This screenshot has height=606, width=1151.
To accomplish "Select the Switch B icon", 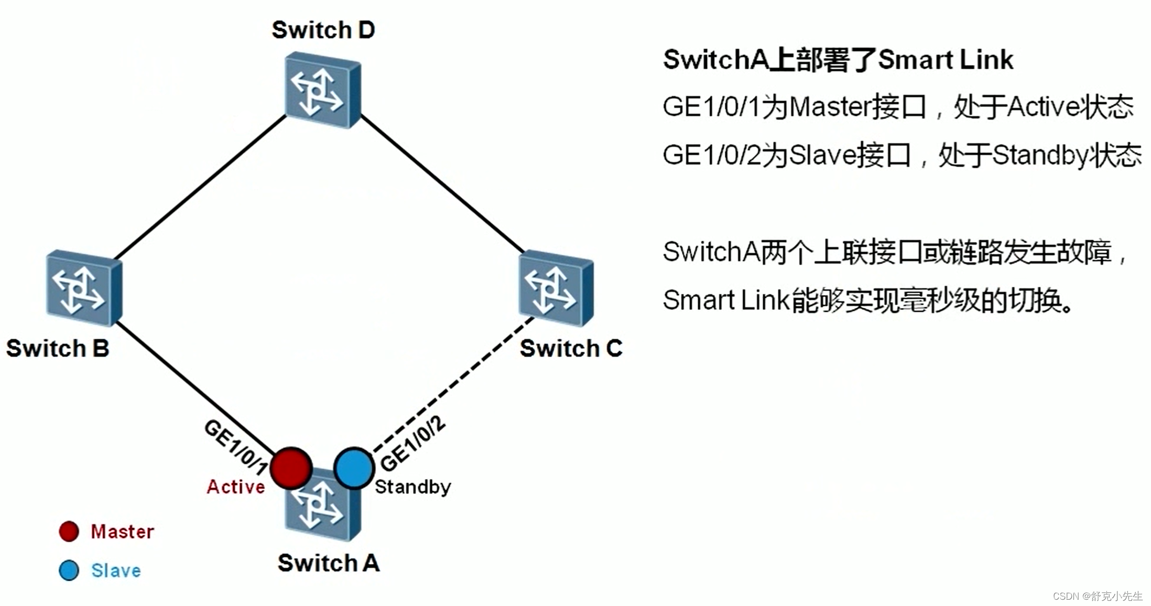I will tap(84, 288).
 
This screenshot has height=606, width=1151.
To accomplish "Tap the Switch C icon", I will tap(556, 288).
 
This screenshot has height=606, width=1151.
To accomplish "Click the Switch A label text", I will tap(329, 563).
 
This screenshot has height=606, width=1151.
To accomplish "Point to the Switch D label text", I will tap(323, 30).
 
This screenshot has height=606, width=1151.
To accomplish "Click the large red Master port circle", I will tap(291, 468).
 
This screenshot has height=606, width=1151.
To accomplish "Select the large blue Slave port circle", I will tap(354, 468).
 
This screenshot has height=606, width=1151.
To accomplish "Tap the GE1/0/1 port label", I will tap(236, 446).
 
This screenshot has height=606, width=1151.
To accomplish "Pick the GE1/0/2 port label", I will tap(412, 445).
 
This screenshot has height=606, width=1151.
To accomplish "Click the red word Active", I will tap(236, 487).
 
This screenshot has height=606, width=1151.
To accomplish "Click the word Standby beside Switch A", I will tap(413, 487).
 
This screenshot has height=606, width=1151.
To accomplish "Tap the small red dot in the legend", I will tap(69, 531).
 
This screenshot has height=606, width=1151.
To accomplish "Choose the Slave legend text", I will tap(116, 570).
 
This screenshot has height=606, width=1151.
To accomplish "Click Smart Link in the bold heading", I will tap(946, 59).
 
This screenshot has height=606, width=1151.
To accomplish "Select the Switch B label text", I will tap(58, 349).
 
